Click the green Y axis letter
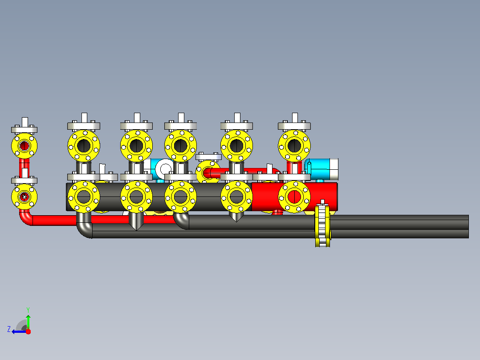pyautogui.click(x=28, y=310)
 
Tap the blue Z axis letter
pyautogui.click(x=9, y=329)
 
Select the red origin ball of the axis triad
pyautogui.click(x=28, y=331)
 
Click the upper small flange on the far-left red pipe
pyautogui.click(x=24, y=146)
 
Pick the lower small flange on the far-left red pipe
pyautogui.click(x=24, y=196)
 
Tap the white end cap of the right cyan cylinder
pyautogui.click(x=334, y=169)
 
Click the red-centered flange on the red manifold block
pyautogui.click(x=294, y=196)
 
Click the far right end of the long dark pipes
pyautogui.click(x=468, y=226)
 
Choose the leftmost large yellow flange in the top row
pyautogui.click(x=84, y=146)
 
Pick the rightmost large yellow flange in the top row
pyautogui.click(x=294, y=146)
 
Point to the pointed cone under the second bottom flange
pyautogui.click(x=136, y=221)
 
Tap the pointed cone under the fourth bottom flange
pyautogui.click(x=236, y=217)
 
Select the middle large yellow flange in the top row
pyautogui.click(x=180, y=146)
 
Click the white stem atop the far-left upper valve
pyautogui.click(x=25, y=122)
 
